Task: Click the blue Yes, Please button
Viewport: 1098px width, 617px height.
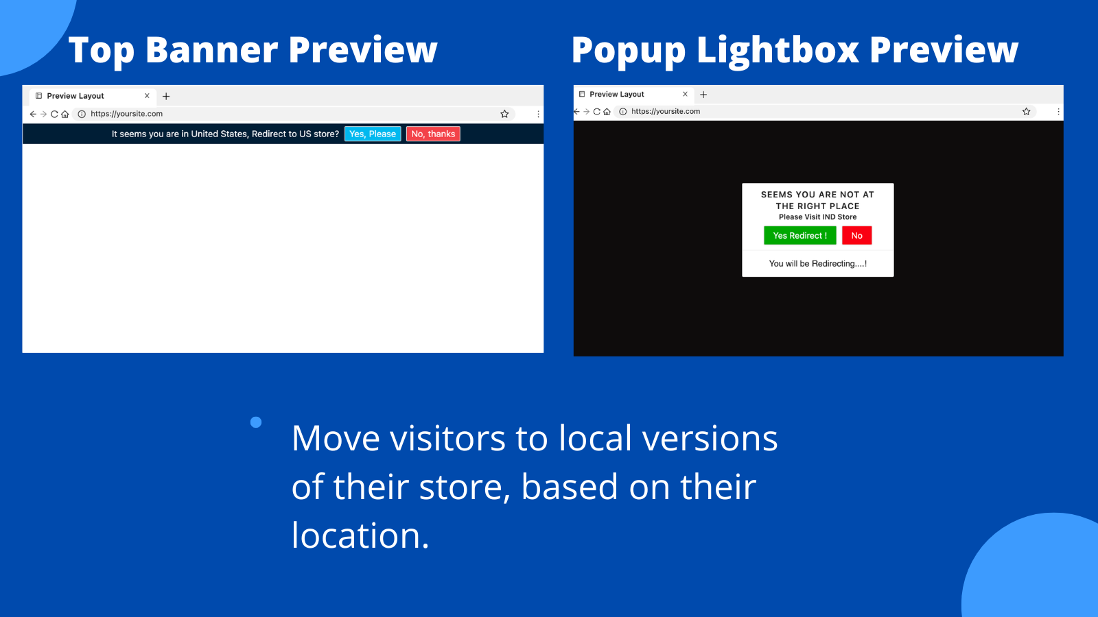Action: coord(373,134)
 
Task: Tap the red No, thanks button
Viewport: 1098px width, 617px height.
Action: coord(433,134)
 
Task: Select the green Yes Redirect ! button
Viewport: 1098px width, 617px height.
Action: coord(800,236)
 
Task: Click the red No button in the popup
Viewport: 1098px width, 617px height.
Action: coord(857,236)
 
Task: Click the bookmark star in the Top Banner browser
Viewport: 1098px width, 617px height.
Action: coord(504,114)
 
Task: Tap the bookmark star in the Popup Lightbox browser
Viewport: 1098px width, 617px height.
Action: coord(1027,112)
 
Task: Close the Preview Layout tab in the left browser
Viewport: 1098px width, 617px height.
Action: coord(147,95)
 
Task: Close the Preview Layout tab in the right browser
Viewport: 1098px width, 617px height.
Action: coord(686,94)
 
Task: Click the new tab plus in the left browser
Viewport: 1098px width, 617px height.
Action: coord(166,97)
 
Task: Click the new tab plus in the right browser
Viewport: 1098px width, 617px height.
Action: coord(703,95)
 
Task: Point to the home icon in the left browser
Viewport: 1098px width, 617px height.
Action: coord(65,114)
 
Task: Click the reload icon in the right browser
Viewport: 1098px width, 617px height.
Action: coord(596,112)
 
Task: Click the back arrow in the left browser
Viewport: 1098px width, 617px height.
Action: coord(33,114)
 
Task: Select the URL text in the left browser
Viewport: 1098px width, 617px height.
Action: coord(126,114)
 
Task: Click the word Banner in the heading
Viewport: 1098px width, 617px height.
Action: coord(212,49)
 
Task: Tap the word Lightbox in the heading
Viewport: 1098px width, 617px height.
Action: coord(778,49)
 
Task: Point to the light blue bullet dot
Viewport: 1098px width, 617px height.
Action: coord(256,422)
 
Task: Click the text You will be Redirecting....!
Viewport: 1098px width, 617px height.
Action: coord(817,263)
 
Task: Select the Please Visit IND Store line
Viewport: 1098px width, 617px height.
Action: coord(817,217)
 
